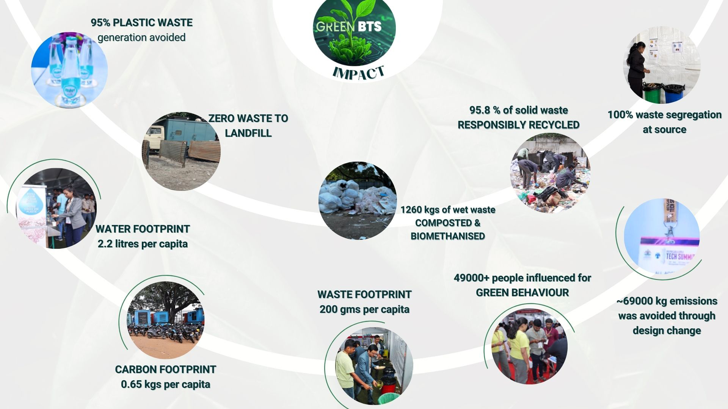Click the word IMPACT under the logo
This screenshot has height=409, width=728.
[x=358, y=72]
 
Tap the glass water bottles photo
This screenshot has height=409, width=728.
[x=69, y=70]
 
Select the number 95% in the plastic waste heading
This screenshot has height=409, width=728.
[x=100, y=23]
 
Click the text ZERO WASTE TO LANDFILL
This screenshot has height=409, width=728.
[x=248, y=126]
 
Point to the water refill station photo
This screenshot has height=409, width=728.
[x=57, y=208]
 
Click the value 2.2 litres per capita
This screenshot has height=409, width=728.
[x=143, y=244]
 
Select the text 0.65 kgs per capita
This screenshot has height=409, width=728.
[x=165, y=384]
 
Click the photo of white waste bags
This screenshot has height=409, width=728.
[x=358, y=201]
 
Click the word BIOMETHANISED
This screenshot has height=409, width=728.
[x=448, y=236]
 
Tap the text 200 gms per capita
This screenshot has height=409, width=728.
[x=364, y=309]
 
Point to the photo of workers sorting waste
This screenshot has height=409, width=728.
[x=550, y=173]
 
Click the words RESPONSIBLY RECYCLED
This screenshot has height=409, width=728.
[x=518, y=125]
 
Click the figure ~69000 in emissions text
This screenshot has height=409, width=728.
[x=634, y=301]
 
